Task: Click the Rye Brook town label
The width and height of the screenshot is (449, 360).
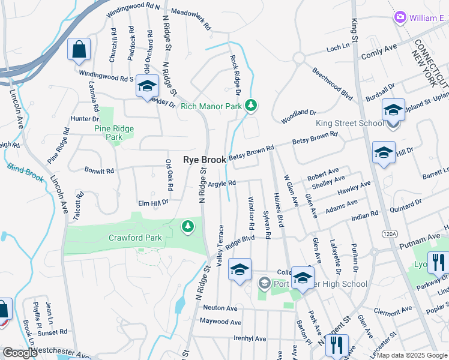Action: pos(204,160)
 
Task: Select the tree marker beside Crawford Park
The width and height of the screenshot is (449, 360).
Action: pos(188,226)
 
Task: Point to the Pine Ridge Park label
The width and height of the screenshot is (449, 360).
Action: pos(113,133)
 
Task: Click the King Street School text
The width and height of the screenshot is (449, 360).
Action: pos(350,124)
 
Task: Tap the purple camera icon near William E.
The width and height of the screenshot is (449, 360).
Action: pos(400,18)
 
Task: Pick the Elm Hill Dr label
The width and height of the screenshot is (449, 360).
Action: pos(154,203)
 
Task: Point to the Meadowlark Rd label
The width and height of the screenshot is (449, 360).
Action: pos(190,19)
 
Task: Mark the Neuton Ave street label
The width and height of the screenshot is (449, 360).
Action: pos(220,308)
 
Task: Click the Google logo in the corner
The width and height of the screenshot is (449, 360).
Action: pos(20,353)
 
